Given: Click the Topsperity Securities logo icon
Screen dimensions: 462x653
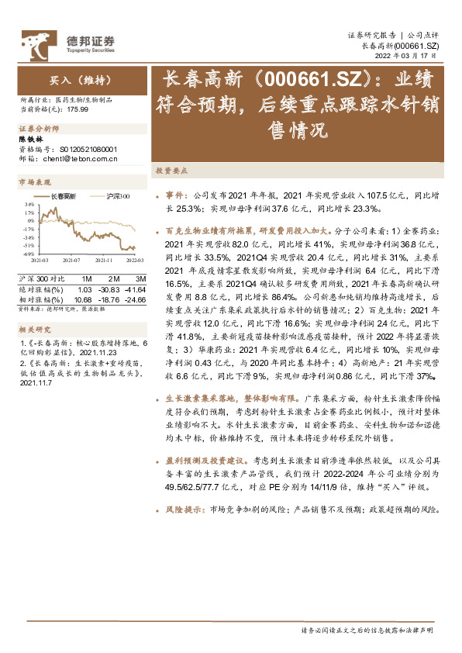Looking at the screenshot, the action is click(35, 41).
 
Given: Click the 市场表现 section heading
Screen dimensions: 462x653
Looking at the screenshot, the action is click(34, 182).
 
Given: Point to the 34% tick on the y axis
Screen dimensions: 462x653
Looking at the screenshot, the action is click(28, 205).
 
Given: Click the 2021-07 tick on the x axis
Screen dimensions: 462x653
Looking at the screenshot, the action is click(72, 261).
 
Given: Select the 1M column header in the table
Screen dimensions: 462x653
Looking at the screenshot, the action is click(87, 278).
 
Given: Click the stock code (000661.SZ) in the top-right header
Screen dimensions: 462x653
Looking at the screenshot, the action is click(417, 47).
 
